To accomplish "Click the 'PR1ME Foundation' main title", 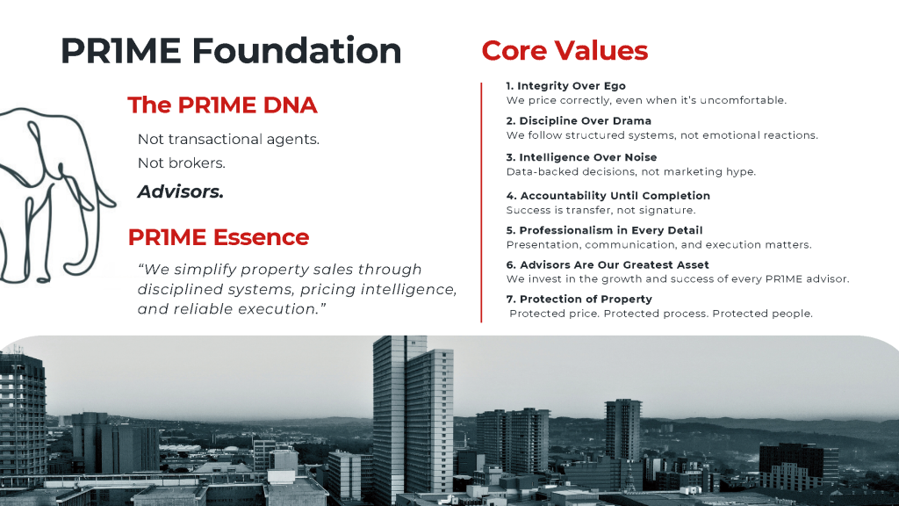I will [x=230, y=51].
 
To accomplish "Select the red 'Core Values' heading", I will [x=565, y=50].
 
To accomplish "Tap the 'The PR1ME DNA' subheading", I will [x=222, y=105].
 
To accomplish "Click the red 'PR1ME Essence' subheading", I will [x=218, y=237].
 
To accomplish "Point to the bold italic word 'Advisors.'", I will [x=180, y=192].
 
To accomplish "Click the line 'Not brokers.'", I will [x=181, y=163].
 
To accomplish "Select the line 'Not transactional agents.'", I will [x=228, y=140].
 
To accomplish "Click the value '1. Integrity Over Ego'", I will [x=567, y=86].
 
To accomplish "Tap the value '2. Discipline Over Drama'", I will [x=579, y=121].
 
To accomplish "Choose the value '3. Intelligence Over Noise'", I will [x=581, y=157].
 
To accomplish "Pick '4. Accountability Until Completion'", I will [x=608, y=196].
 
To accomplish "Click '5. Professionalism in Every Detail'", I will [x=604, y=231].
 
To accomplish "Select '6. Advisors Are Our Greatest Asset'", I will [x=607, y=264].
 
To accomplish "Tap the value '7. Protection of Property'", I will [x=579, y=300].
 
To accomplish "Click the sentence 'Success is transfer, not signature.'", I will [x=601, y=211].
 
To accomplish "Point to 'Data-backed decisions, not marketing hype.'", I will [x=630, y=172].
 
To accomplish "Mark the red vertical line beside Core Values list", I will [x=481, y=202].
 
